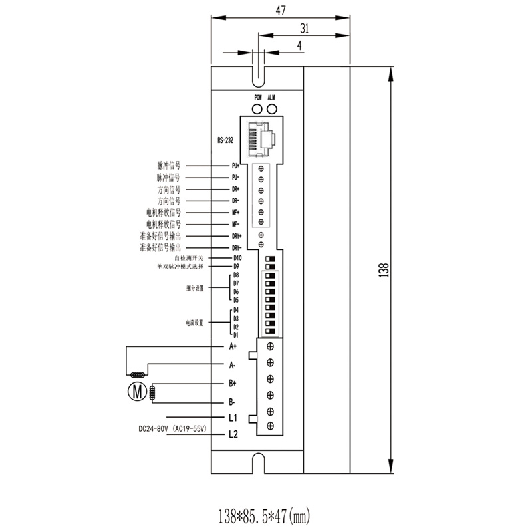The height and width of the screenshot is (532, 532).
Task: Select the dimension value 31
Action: [304, 28]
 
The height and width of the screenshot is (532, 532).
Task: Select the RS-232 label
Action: [226, 140]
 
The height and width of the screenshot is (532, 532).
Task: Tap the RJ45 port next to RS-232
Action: [264, 140]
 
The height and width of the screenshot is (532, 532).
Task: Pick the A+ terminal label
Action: [233, 346]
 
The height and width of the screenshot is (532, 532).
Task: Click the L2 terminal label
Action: [233, 435]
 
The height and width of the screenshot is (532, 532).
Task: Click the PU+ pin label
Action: [235, 166]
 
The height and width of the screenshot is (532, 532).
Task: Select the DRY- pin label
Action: [236, 248]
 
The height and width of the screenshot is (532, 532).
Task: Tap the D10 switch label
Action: [237, 257]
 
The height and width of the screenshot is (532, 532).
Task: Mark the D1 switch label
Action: [236, 334]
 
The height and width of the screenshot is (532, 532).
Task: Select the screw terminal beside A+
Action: [271, 346]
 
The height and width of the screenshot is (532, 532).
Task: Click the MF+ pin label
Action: [235, 213]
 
